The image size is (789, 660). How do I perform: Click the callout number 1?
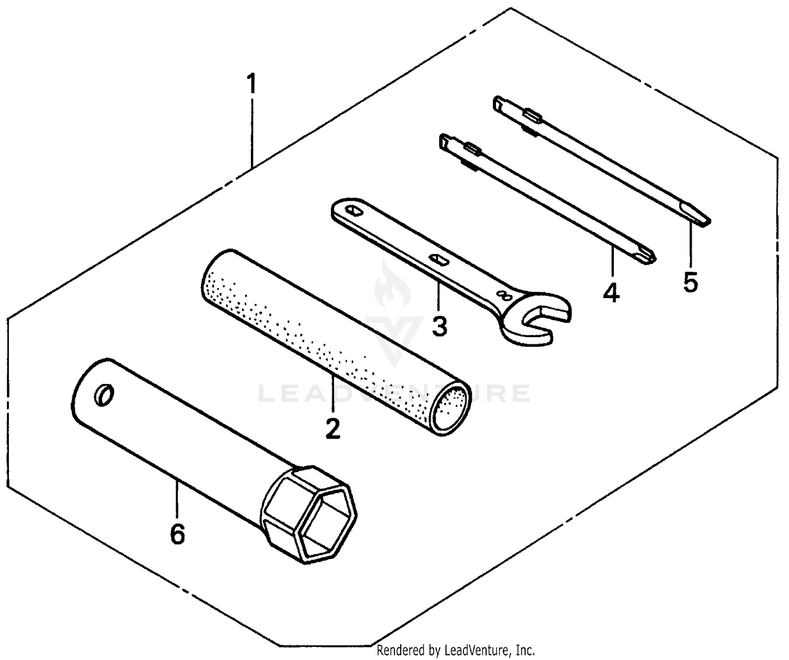(x=251, y=84)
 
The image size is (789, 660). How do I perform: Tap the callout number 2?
(x=332, y=429)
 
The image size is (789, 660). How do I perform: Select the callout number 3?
(x=439, y=326)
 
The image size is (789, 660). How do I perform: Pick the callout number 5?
(x=690, y=282)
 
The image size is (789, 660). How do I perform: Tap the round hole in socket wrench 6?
(x=104, y=395)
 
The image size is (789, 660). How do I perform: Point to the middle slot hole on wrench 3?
(x=438, y=259)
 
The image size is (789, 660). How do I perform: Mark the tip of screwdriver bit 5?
(x=705, y=222)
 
